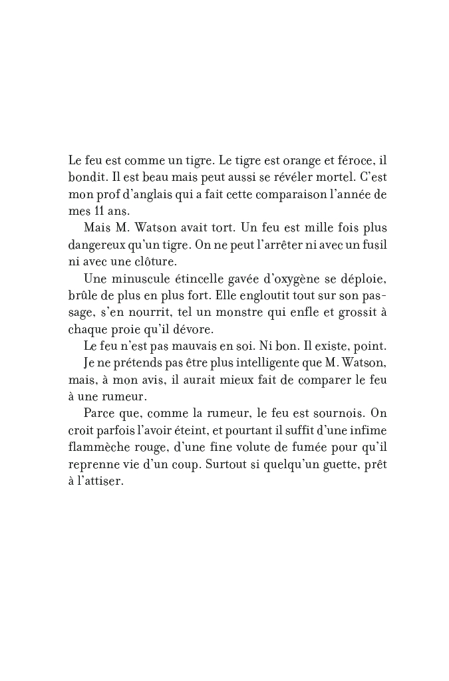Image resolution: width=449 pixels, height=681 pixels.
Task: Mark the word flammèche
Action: coord(98,446)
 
